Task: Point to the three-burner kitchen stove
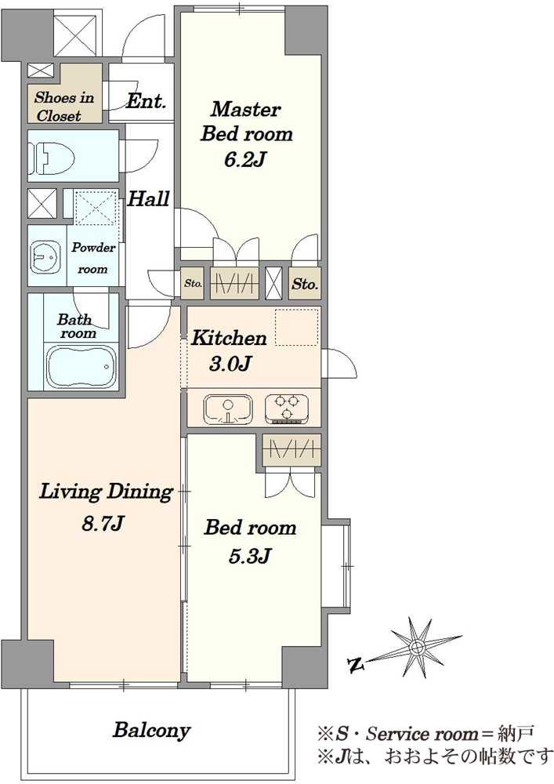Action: [x=287, y=408]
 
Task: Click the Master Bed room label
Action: [x=246, y=121]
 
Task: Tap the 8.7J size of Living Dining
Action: [x=103, y=524]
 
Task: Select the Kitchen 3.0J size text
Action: [x=230, y=364]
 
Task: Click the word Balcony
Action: [x=151, y=731]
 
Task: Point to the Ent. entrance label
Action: [x=146, y=101]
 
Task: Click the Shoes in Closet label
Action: [x=64, y=107]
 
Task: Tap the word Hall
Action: [x=148, y=199]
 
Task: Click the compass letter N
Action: [x=356, y=665]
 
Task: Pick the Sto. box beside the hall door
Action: [x=192, y=284]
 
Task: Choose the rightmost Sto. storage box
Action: [x=305, y=284]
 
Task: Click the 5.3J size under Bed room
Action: [x=250, y=556]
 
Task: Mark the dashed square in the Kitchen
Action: [x=297, y=328]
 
